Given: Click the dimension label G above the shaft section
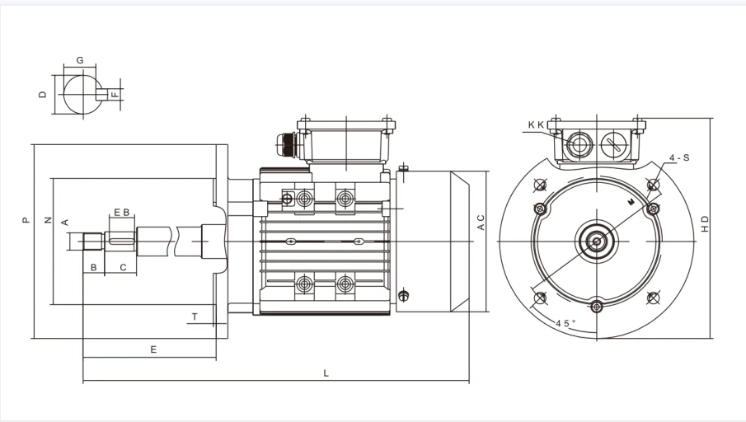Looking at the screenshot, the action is click(x=80, y=60).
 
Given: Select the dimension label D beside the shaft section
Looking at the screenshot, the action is click(x=43, y=94).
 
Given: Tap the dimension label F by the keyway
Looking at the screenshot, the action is click(x=115, y=95).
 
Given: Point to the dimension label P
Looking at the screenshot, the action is click(x=26, y=220).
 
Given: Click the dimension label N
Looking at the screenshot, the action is click(x=48, y=220).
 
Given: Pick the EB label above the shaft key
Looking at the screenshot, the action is click(x=122, y=212).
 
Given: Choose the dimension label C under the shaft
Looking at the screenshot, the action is click(x=123, y=267).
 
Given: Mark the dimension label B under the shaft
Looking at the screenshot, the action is click(x=94, y=267).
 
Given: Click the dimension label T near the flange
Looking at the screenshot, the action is click(x=195, y=316).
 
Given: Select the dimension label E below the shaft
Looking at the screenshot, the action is click(x=153, y=349).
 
